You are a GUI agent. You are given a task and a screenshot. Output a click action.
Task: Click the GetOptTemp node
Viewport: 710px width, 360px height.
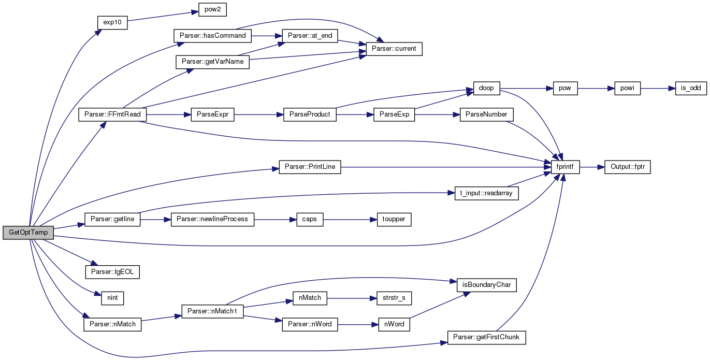pyautogui.click(x=28, y=233)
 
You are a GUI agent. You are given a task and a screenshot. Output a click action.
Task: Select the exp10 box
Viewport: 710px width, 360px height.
pyautogui.click(x=112, y=22)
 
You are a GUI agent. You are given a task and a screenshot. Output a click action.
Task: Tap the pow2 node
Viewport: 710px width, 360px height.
pyautogui.click(x=212, y=9)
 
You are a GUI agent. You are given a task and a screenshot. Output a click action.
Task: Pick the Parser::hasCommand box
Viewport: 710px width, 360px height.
pyautogui.click(x=212, y=36)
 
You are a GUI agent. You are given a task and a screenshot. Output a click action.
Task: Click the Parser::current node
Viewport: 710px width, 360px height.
pyautogui.click(x=394, y=49)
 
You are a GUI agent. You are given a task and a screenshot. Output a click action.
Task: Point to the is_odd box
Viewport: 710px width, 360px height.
pyautogui.click(x=691, y=88)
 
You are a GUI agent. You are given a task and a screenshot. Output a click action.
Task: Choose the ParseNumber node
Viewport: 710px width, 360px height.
pyautogui.click(x=486, y=114)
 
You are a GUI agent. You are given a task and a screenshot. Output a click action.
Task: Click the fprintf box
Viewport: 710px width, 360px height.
pyautogui.click(x=565, y=167)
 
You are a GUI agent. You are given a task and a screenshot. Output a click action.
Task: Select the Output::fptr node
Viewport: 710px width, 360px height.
pyautogui.click(x=627, y=167)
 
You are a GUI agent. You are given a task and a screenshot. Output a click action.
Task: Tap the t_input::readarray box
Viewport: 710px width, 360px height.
pyautogui.click(x=487, y=193)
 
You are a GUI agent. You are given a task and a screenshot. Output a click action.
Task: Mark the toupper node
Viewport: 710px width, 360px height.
pyautogui.click(x=394, y=219)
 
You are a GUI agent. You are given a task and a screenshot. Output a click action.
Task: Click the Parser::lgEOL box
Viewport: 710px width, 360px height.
pyautogui.click(x=112, y=272)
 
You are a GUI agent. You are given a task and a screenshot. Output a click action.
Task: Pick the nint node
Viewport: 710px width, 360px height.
pyautogui.click(x=112, y=298)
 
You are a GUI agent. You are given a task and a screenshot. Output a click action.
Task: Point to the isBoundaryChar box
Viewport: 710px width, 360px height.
pyautogui.click(x=487, y=285)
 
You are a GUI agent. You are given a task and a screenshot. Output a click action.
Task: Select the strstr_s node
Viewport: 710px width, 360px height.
pyautogui.click(x=394, y=298)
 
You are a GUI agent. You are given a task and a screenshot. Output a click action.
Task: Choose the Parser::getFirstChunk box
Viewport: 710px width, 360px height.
pyautogui.click(x=487, y=338)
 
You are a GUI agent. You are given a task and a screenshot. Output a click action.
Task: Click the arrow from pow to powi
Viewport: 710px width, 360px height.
pyautogui.click(x=596, y=89)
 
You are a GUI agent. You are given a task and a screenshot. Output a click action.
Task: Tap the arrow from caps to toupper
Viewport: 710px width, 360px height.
pyautogui.click(x=350, y=220)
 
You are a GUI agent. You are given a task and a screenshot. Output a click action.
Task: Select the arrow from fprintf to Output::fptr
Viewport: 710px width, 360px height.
pyautogui.click(x=592, y=167)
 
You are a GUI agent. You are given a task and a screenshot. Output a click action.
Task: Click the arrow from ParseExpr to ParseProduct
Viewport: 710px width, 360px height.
pyautogui.click(x=258, y=114)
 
